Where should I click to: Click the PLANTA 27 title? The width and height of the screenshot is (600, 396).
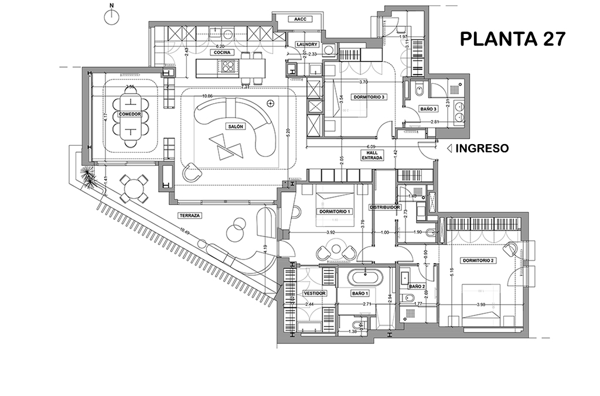[x=513, y=39]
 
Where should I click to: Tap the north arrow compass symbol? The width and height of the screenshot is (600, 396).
[x=111, y=16]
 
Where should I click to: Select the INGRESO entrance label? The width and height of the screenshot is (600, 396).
[x=482, y=149]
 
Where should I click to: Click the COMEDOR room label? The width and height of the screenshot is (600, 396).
[x=129, y=114]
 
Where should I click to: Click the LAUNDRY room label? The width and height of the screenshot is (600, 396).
[x=307, y=45]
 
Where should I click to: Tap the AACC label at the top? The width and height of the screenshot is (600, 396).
[x=301, y=19]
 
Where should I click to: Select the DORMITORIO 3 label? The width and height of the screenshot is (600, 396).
[x=369, y=97]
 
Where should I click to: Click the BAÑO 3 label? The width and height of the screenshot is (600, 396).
[x=429, y=110]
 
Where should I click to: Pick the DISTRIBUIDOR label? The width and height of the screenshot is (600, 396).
[x=385, y=207]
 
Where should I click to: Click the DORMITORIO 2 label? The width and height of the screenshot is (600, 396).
[x=479, y=260]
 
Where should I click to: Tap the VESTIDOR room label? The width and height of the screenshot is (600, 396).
[x=314, y=293]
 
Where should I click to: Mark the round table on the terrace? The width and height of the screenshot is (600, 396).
[x=135, y=189]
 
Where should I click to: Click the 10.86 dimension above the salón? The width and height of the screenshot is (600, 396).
[x=207, y=96]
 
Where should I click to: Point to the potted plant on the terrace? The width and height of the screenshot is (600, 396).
[x=87, y=176]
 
